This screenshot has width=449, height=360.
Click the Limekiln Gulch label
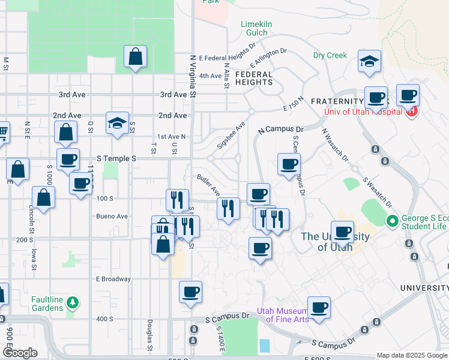[x=257, y=28]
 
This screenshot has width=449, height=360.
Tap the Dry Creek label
[x=330, y=55]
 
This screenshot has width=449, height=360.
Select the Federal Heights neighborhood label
[x=254, y=79]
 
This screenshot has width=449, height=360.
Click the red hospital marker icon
[x=412, y=111]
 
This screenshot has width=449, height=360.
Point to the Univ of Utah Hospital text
[x=365, y=111]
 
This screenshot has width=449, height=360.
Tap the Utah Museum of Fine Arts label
[x=283, y=315]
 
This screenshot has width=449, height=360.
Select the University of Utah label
[x=335, y=241]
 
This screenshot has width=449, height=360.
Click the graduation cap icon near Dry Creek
[x=370, y=61]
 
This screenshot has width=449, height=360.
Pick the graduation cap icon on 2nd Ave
[x=117, y=124]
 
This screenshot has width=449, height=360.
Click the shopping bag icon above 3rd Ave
[x=136, y=57]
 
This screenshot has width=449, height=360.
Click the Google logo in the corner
[x=20, y=353]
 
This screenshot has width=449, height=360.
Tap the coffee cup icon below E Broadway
[x=191, y=292]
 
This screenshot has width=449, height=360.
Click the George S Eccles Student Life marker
[x=393, y=221]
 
